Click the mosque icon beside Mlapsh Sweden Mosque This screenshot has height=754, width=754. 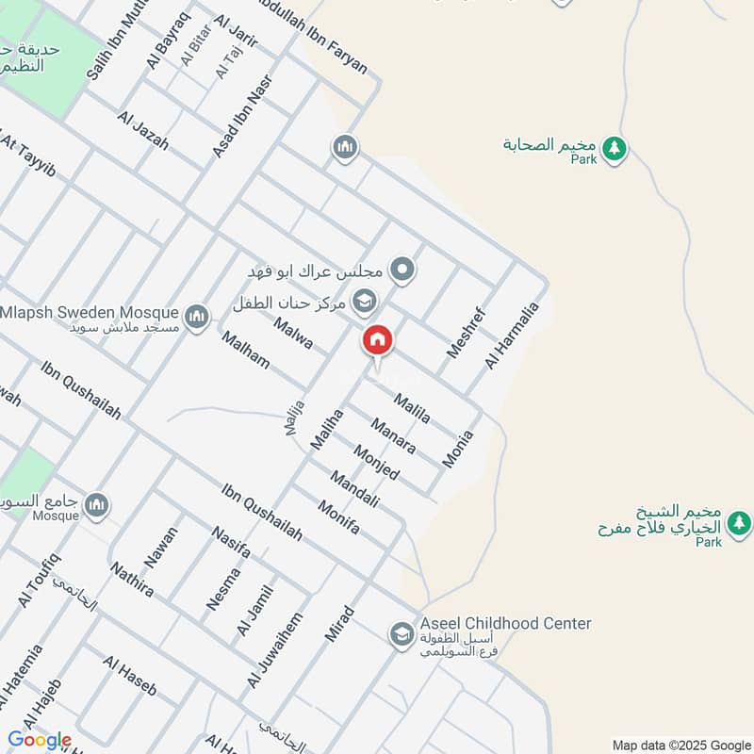196,315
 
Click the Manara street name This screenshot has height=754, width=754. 393,435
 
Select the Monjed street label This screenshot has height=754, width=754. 376,461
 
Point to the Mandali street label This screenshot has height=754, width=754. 353,489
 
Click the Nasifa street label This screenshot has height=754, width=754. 231,542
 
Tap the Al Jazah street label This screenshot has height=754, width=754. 143,131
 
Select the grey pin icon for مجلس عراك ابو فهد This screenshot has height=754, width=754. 403,271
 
